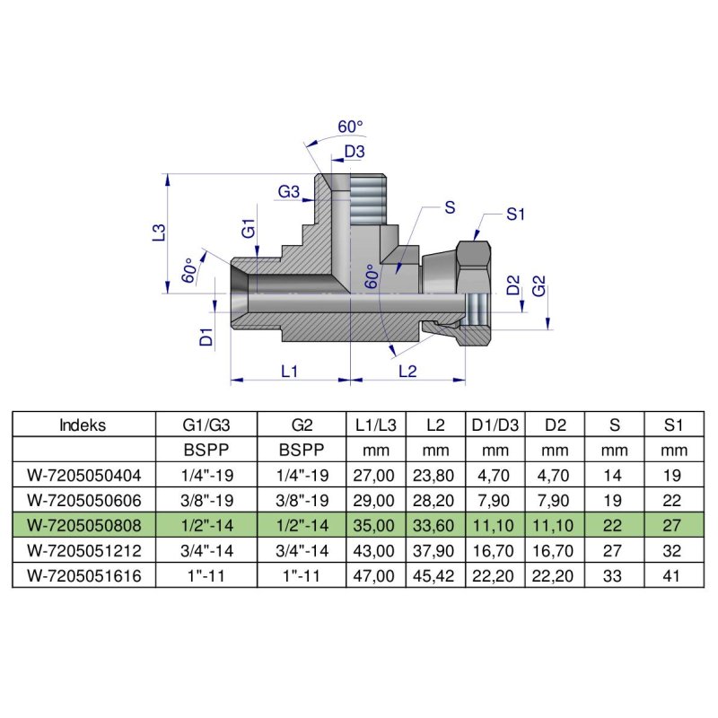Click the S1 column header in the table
click(x=675, y=425)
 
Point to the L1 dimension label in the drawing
click(x=289, y=369)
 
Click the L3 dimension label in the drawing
click(x=158, y=232)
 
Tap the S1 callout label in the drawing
click(x=515, y=214)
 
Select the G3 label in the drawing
click(x=288, y=191)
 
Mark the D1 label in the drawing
click(x=206, y=337)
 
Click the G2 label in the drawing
click(x=539, y=287)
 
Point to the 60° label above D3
click(x=350, y=127)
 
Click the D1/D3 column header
click(x=493, y=425)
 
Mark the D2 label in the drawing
click(x=512, y=287)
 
